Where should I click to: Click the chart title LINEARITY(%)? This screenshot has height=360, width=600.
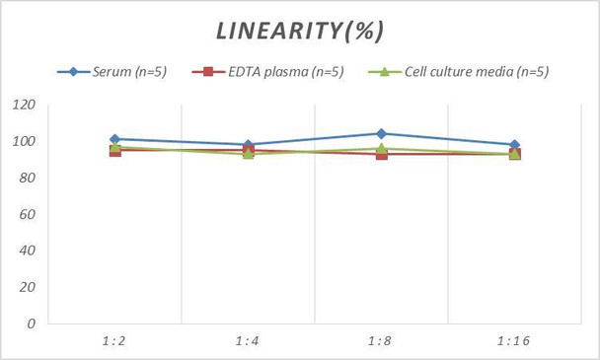pyautogui.click(x=300, y=31)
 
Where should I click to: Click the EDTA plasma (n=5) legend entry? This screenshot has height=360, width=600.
pyautogui.click(x=272, y=71)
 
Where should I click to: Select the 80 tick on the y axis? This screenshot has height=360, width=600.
pyautogui.click(x=28, y=179)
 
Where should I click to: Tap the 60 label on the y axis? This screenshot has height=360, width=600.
pyautogui.click(x=28, y=214)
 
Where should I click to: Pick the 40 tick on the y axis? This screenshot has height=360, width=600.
pyautogui.click(x=28, y=251)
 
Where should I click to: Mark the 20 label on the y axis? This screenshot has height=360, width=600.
pyautogui.click(x=28, y=287)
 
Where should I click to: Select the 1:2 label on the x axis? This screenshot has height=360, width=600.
pyautogui.click(x=114, y=340)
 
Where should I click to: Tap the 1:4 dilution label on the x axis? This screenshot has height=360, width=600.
pyautogui.click(x=248, y=340)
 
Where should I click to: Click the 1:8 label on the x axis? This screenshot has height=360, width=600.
pyautogui.click(x=381, y=340)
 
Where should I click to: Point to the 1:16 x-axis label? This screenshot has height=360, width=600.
pyautogui.click(x=514, y=340)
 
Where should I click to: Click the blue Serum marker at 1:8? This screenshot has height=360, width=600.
pyautogui.click(x=381, y=133)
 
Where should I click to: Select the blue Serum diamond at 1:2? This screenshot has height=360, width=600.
pyautogui.click(x=114, y=139)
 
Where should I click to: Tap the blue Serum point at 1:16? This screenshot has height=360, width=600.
pyautogui.click(x=514, y=145)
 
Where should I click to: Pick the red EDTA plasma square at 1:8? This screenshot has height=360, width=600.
pyautogui.click(x=381, y=154)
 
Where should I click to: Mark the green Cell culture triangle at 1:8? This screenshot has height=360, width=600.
pyautogui.click(x=381, y=148)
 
